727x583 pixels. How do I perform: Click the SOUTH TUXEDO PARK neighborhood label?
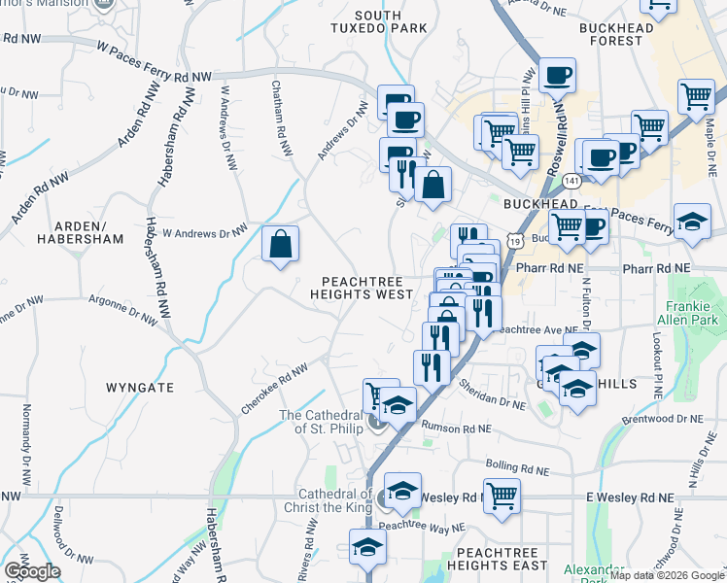coord(391,21)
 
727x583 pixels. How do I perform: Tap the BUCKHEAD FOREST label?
coord(624,34)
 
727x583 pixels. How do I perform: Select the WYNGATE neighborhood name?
coord(140,388)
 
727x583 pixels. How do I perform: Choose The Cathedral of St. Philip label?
coord(321,421)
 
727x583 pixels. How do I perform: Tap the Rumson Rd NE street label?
coord(457,428)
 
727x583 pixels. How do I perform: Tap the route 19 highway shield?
coord(515,239)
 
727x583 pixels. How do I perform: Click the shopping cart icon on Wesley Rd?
coord(502,496)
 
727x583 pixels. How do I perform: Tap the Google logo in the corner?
coord(32,571)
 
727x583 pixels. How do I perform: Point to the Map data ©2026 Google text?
coord(667,575)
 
